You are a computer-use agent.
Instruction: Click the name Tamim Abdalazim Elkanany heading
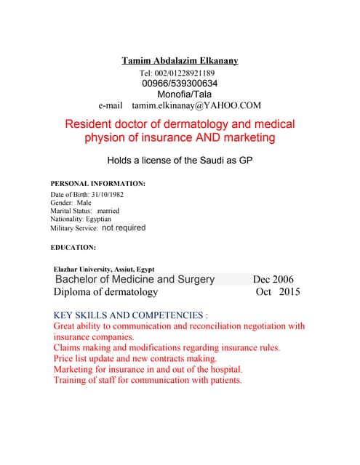click(180, 60)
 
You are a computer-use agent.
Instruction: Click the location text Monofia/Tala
click(184, 94)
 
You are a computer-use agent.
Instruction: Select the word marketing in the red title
click(245, 138)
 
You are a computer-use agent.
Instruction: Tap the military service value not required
click(123, 227)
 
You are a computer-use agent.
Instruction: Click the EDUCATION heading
click(73, 247)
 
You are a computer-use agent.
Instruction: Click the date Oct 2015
click(278, 292)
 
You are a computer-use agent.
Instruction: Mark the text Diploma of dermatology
click(105, 292)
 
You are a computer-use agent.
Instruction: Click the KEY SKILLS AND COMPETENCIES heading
click(131, 315)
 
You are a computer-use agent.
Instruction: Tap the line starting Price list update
click(135, 359)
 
